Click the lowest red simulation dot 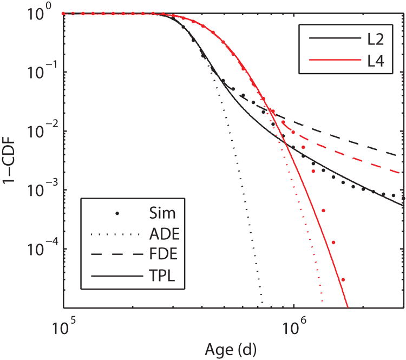[343, 279]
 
